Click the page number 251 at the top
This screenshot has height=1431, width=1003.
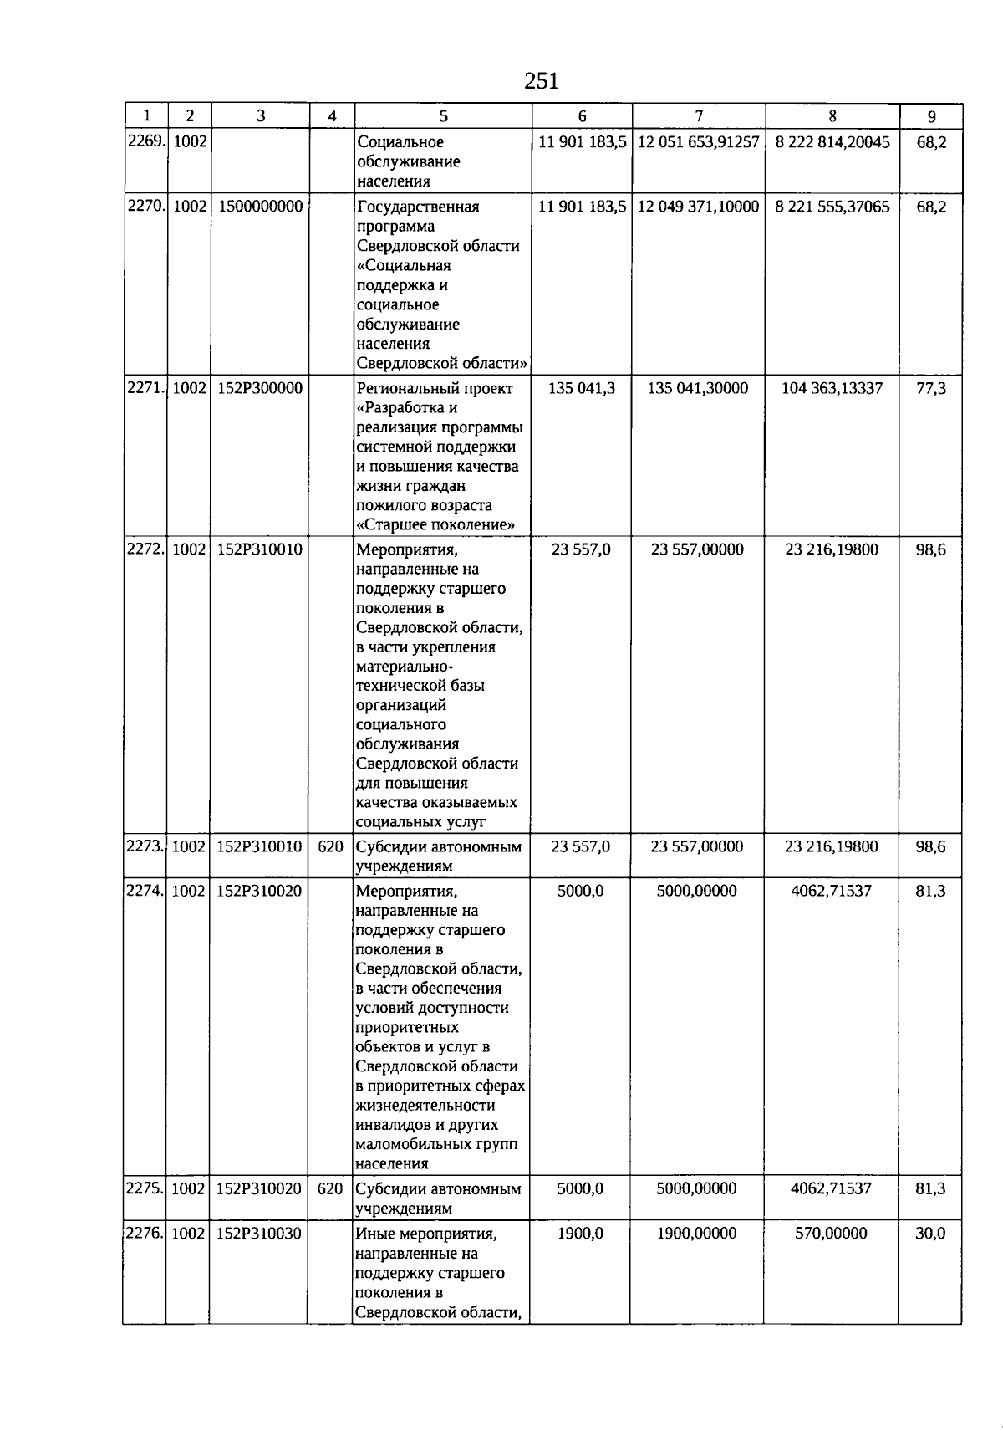pos(541,81)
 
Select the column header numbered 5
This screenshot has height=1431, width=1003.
pos(443,117)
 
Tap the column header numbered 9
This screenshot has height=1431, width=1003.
pos(931,117)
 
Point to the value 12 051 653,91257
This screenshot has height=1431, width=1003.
pos(698,142)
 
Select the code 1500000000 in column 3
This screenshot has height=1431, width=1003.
pos(260,207)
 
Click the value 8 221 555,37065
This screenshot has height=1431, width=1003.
pos(832,207)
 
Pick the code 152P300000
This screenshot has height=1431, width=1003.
pos(260,388)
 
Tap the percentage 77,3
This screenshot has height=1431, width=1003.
pos(931,388)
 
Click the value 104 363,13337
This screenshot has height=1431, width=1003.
pos(832,388)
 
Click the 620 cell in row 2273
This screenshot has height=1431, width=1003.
pos(331,846)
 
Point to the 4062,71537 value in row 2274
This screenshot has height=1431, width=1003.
pos(831,891)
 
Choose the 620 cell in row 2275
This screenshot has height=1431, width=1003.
pos(331,1188)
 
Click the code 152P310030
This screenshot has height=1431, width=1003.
pos(259,1233)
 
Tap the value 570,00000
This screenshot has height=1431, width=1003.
pos(831,1233)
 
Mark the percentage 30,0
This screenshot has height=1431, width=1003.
pos(930,1233)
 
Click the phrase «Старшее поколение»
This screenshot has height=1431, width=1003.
pos(435,525)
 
